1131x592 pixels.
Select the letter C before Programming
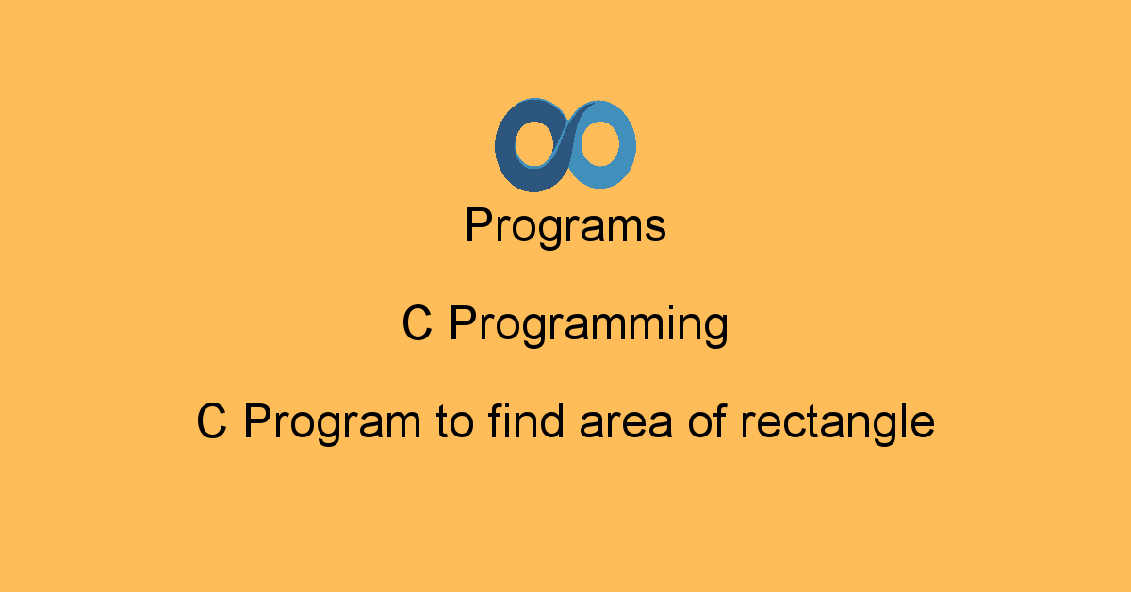pyautogui.click(x=417, y=325)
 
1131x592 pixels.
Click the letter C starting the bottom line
pyautogui.click(x=211, y=421)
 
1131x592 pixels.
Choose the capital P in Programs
pyautogui.click(x=477, y=226)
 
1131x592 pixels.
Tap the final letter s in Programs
pyautogui.click(x=657, y=230)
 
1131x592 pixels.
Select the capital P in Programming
pyautogui.click(x=461, y=325)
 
